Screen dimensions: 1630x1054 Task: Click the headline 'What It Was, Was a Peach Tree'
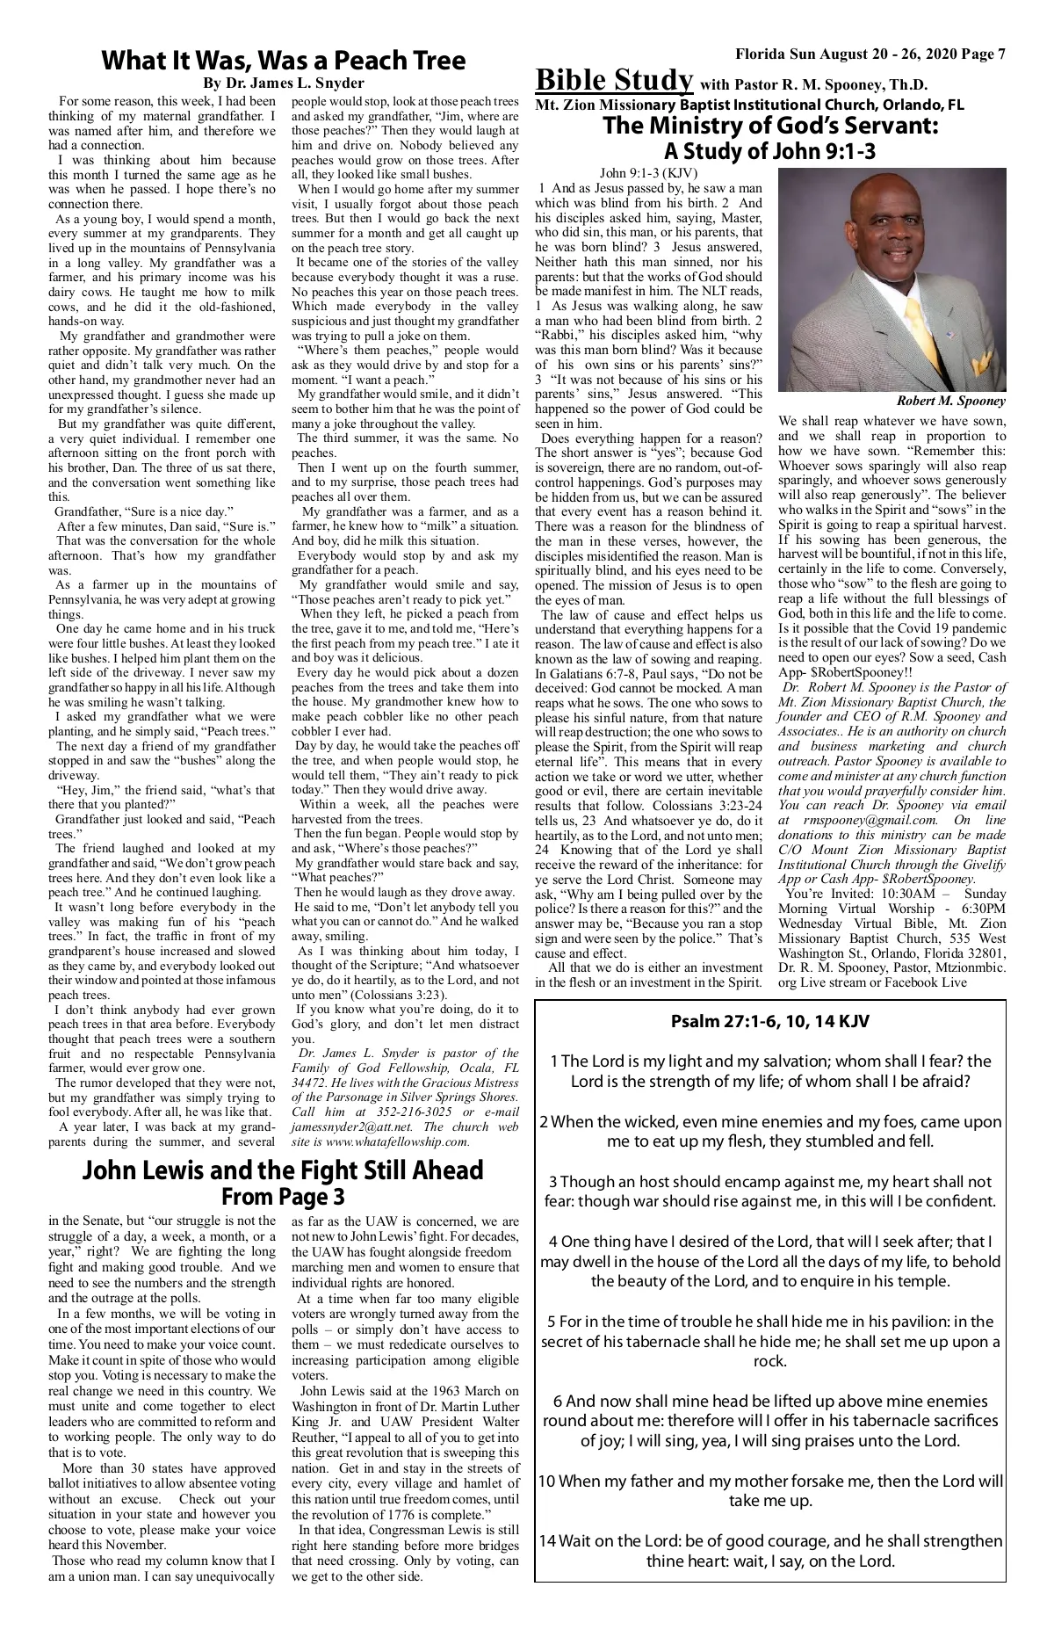(x=283, y=61)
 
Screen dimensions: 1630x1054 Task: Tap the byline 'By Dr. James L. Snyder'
(x=283, y=83)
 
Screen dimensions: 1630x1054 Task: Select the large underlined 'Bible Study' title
(x=614, y=81)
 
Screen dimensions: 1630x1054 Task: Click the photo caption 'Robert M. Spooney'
(x=952, y=401)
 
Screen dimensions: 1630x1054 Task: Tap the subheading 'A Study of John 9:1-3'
(x=770, y=151)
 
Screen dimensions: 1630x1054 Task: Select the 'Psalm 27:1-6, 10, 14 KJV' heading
(x=770, y=1022)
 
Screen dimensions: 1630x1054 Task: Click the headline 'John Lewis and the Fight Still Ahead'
(x=283, y=1170)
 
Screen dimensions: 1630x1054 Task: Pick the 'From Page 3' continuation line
(x=283, y=1197)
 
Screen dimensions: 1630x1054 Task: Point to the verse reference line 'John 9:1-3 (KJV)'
(x=648, y=173)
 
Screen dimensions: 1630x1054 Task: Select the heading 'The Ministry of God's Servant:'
(x=770, y=127)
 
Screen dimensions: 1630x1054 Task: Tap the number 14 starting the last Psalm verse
(x=547, y=1541)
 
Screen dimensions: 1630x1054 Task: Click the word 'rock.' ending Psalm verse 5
(x=769, y=1362)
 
